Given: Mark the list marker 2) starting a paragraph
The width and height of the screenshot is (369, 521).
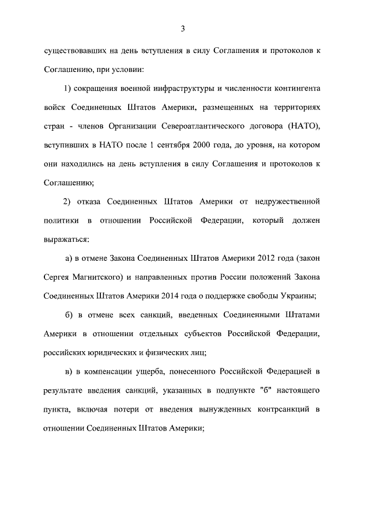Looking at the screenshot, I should point(66,201).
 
